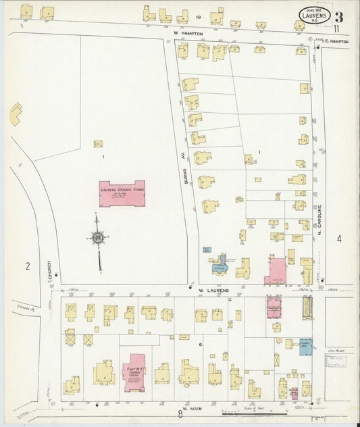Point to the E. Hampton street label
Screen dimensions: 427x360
click(x=336, y=41)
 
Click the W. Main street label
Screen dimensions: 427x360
click(x=192, y=406)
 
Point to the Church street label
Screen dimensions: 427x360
click(x=49, y=271)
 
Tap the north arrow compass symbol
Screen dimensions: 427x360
click(x=99, y=239)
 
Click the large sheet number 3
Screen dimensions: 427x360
click(x=338, y=17)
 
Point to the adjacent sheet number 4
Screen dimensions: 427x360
click(x=339, y=238)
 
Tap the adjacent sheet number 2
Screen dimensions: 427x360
click(x=28, y=266)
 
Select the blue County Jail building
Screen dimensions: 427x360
click(x=305, y=345)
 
